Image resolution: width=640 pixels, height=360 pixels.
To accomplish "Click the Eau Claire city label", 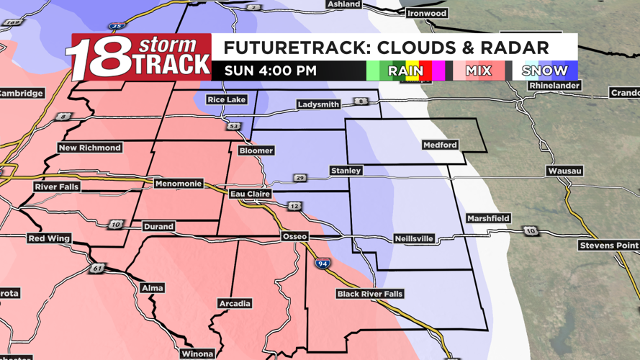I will [x=250, y=194].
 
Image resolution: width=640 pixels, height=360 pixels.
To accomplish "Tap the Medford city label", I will [x=440, y=145].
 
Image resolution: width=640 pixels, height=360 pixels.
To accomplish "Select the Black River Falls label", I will [x=370, y=294].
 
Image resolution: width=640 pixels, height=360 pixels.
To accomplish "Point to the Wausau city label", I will [x=564, y=171].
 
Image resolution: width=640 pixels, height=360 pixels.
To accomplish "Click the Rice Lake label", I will [x=226, y=99].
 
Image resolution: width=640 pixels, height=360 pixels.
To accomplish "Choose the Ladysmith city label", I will [x=318, y=104].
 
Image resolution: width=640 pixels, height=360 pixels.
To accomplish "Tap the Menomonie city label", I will [x=179, y=184].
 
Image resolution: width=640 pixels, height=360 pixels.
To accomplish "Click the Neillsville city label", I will [x=414, y=238].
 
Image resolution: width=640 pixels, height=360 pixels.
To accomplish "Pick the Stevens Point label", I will [x=608, y=246].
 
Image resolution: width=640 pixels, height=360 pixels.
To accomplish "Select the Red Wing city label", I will [x=49, y=238].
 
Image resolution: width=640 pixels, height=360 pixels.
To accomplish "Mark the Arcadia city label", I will [x=235, y=303].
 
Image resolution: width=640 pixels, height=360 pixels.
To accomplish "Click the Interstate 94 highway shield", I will [x=323, y=264].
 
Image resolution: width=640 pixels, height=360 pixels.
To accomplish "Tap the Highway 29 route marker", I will [x=300, y=178].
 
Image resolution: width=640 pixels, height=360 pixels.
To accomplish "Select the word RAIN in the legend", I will [x=405, y=71].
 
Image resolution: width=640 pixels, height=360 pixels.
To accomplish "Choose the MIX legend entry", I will [x=478, y=71].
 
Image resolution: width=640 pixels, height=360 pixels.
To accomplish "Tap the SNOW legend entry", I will [x=545, y=71].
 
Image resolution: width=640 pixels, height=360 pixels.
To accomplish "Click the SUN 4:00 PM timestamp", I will [x=270, y=71].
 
